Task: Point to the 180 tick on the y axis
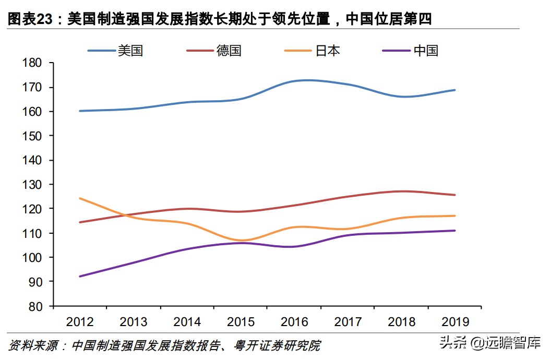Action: coord(32,63)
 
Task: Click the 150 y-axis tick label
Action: coord(32,136)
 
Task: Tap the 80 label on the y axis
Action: coord(35,306)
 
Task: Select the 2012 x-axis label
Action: coord(80,321)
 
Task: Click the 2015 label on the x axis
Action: coord(241,321)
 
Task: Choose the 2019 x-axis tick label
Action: coord(454,321)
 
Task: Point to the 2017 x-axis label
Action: coord(348,321)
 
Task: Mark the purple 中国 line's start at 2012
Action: coord(80,276)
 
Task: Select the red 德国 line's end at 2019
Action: coord(455,195)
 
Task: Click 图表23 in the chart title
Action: coord(31,19)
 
